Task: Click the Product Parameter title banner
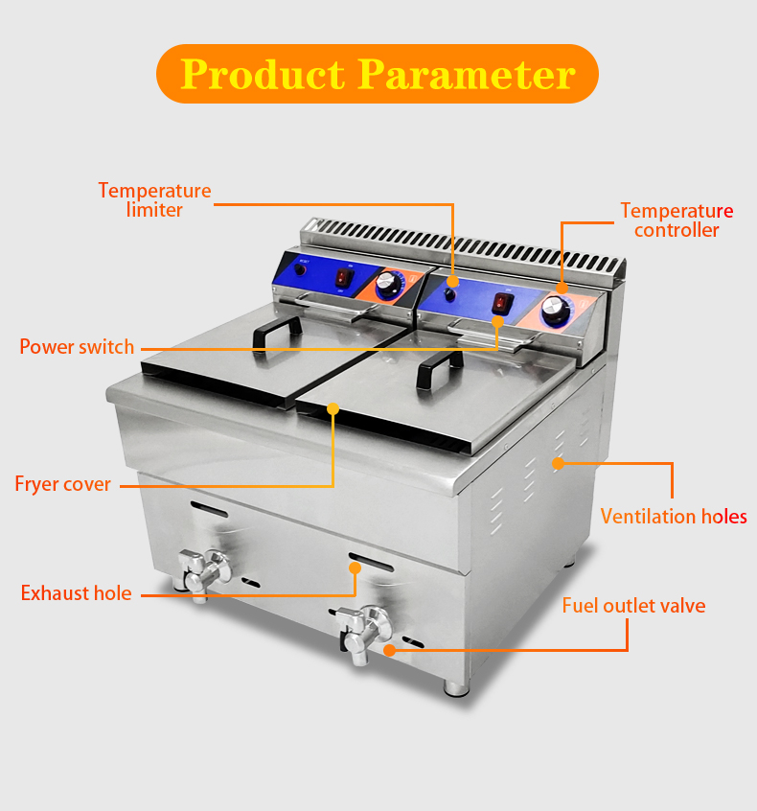[x=378, y=74]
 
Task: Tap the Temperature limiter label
[x=154, y=199]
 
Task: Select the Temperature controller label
[x=677, y=220]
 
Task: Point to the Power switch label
[x=77, y=346]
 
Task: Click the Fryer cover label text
[x=63, y=483]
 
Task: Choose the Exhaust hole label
[x=77, y=593]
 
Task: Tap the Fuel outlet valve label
[x=633, y=605]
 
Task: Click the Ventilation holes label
[x=674, y=517]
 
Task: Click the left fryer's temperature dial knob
[x=388, y=285]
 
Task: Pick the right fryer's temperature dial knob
[x=554, y=310]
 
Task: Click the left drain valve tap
[x=204, y=571]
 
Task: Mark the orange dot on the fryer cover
[x=333, y=408]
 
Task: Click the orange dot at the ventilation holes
[x=557, y=463]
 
